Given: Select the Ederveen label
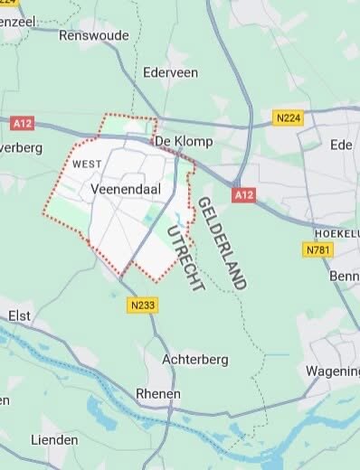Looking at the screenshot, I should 170,71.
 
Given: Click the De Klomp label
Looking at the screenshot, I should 175,142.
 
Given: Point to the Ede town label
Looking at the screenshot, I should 341,144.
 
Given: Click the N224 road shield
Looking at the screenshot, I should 287,117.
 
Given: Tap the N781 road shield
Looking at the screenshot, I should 318,249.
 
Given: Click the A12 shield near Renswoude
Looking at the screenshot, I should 23,121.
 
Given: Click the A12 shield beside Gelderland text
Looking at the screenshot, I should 241,195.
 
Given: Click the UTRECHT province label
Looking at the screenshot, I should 185,258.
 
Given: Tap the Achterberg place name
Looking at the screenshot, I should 191,359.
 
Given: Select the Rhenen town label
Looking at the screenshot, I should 157,394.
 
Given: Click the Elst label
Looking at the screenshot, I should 18,316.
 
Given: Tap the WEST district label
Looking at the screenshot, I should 86,164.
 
